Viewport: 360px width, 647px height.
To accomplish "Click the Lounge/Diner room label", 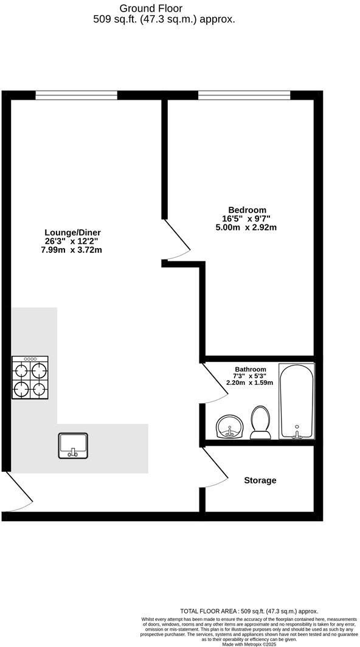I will (72, 232).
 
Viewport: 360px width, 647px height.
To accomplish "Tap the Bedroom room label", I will (246, 210).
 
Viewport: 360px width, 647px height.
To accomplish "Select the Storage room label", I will (260, 480).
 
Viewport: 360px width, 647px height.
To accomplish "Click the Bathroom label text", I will (251, 369).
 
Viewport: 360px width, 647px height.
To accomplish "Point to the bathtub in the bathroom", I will (296, 401).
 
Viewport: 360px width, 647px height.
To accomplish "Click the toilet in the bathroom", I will (261, 422).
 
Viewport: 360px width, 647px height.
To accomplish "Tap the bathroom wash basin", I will (229, 426).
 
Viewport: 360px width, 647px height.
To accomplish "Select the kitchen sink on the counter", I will (74, 445).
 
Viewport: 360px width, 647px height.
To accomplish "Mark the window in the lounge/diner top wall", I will (76, 95).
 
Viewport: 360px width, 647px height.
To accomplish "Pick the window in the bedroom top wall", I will (244, 95).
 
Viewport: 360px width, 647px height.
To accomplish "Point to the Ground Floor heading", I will (150, 8).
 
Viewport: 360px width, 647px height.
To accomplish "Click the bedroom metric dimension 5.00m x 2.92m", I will (246, 227).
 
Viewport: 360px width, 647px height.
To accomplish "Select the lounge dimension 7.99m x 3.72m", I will (72, 250).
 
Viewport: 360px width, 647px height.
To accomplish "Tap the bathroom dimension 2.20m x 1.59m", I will (249, 383).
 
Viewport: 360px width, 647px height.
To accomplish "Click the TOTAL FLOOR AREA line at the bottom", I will (249, 611).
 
